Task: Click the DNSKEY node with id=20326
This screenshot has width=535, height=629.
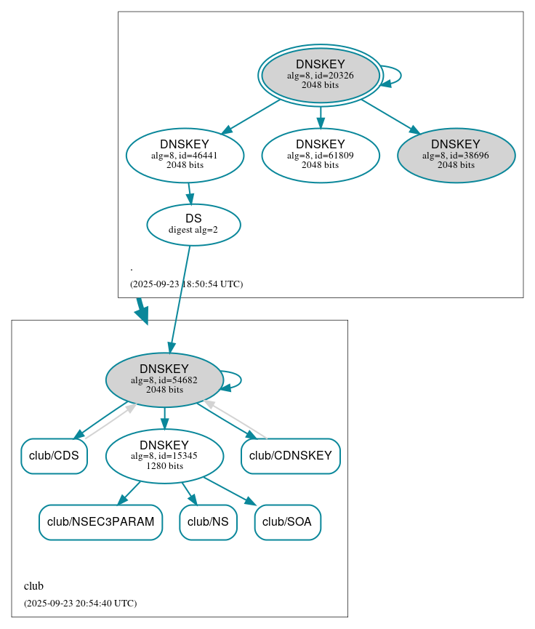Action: tap(321, 75)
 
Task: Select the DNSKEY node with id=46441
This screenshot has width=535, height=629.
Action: tap(185, 155)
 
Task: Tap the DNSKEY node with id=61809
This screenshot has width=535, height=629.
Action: tap(321, 155)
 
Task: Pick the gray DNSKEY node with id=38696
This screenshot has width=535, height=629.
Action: tap(456, 155)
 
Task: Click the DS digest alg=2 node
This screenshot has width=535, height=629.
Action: tap(193, 225)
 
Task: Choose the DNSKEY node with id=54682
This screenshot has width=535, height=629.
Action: tap(164, 380)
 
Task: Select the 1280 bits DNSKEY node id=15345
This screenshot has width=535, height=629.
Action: tap(164, 456)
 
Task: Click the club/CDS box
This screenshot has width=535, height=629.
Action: tap(54, 456)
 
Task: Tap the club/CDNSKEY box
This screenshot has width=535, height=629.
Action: tap(291, 456)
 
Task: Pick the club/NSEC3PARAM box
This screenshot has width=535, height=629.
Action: tap(100, 522)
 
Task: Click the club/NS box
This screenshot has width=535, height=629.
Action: tap(208, 522)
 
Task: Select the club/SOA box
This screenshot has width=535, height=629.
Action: tap(288, 522)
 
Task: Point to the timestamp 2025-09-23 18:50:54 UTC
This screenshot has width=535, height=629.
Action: tap(186, 284)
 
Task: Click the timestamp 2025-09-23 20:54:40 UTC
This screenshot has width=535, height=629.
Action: tap(80, 604)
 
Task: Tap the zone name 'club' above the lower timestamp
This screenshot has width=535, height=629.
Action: tap(34, 586)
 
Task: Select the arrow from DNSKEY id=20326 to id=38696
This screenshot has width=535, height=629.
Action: tap(390, 116)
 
